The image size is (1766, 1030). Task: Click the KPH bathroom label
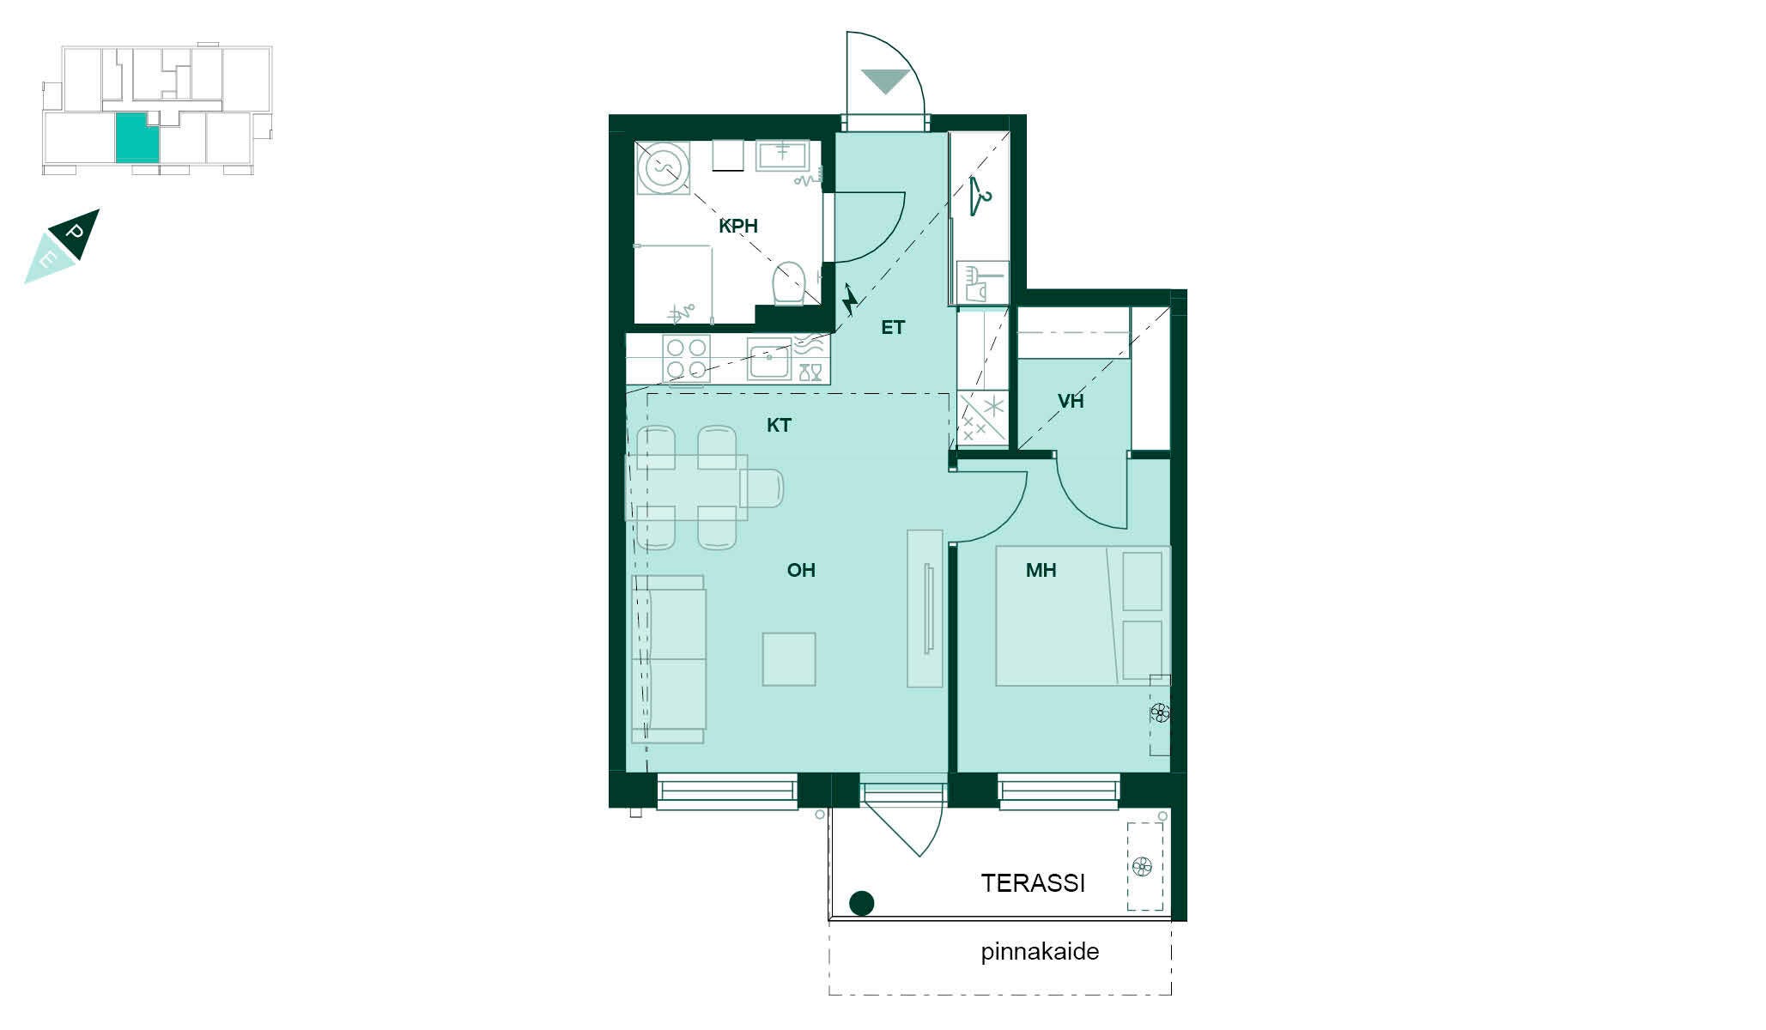738,227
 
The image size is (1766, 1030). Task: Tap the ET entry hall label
893,327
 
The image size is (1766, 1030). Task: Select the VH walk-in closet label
1071,401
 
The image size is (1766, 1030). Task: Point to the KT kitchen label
779,425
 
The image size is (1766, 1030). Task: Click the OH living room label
801,570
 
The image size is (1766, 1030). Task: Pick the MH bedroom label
1041,570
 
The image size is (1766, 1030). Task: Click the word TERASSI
1033,883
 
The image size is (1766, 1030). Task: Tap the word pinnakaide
1040,951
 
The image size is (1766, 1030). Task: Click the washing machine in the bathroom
663,167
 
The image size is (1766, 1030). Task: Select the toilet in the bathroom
789,283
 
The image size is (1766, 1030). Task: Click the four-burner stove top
686,359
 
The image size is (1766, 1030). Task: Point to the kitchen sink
769,359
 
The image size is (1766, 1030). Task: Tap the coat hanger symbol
980,197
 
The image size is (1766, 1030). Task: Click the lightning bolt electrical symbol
850,299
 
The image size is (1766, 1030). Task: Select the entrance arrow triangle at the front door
885,82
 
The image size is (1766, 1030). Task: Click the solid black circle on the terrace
861,903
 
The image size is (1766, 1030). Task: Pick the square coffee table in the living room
789,659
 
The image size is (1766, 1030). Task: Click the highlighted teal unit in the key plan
137,137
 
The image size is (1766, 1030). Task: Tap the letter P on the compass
75,232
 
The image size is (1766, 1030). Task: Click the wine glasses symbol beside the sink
810,372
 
